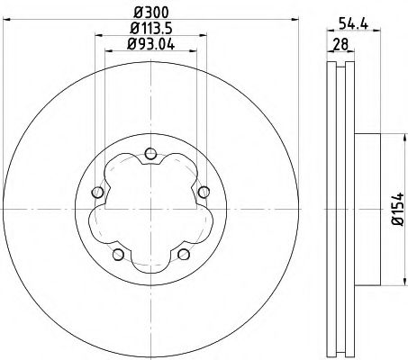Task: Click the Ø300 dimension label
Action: click(x=150, y=10)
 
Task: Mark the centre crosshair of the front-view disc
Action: click(x=150, y=208)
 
